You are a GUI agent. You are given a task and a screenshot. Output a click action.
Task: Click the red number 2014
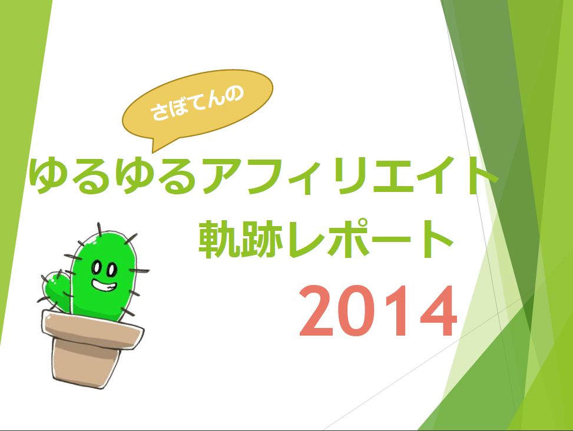(x=378, y=311)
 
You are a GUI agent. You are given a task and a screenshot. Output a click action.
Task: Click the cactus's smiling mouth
(x=104, y=285)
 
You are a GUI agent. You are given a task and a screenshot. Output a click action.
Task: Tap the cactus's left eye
(x=96, y=268)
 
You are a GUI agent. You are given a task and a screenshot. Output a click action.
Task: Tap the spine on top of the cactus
(x=99, y=230)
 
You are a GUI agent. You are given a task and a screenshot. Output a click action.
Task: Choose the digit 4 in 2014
(x=438, y=311)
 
